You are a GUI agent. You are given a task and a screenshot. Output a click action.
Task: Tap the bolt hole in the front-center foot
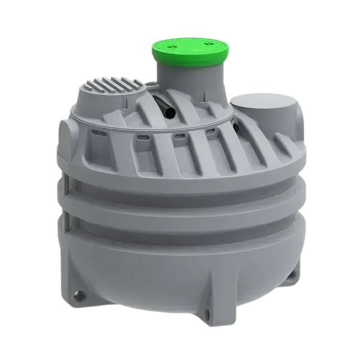click(x=206, y=313)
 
